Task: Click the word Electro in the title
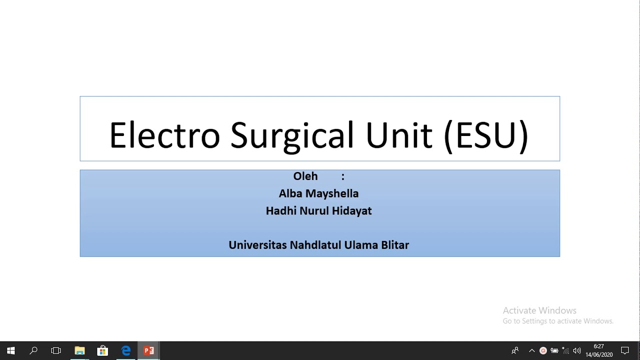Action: [x=164, y=135]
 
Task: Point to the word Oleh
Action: [x=305, y=176]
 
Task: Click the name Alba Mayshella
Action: [x=318, y=193]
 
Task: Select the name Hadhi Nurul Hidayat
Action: [x=318, y=211]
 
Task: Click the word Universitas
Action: [x=257, y=245]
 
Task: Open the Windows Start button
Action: [x=10, y=350]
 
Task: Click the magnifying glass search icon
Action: [x=33, y=350]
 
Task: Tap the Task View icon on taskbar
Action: [x=56, y=350]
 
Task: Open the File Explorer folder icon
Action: [x=79, y=350]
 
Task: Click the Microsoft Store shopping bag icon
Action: [x=102, y=350]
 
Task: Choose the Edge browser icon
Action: [x=126, y=350]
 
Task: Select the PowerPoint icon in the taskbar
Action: [x=149, y=350]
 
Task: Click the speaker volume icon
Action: [x=577, y=350]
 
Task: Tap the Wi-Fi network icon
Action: [x=565, y=350]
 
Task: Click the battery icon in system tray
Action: [x=554, y=350]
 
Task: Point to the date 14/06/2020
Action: [x=599, y=354]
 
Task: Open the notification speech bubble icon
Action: [x=625, y=350]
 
